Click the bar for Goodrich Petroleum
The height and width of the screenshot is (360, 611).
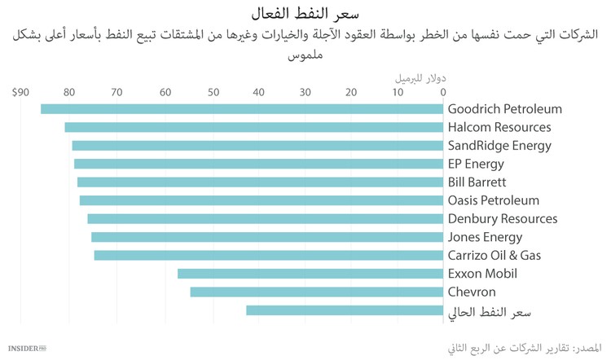[x=241, y=109]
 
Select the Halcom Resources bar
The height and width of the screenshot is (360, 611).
[x=253, y=127]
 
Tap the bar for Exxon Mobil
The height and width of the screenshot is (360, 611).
[x=310, y=274]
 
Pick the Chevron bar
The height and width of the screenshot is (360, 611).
[x=316, y=292]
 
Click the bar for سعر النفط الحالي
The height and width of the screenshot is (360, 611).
[x=344, y=310]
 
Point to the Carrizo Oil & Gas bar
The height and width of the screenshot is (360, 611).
[x=268, y=255]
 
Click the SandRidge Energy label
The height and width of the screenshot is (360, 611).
[x=499, y=146]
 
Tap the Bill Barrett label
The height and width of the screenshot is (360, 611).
[x=477, y=182]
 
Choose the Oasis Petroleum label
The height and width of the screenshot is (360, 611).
[x=494, y=200]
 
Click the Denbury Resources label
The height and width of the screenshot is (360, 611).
[x=503, y=218]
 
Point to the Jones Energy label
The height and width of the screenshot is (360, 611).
[x=485, y=237]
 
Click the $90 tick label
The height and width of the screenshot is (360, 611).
[x=20, y=92]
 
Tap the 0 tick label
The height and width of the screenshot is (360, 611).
[x=442, y=92]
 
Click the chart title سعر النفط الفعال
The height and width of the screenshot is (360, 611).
[x=305, y=13]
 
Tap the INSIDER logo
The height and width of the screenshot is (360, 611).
[x=25, y=349]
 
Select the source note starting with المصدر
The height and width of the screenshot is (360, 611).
[x=521, y=348]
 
